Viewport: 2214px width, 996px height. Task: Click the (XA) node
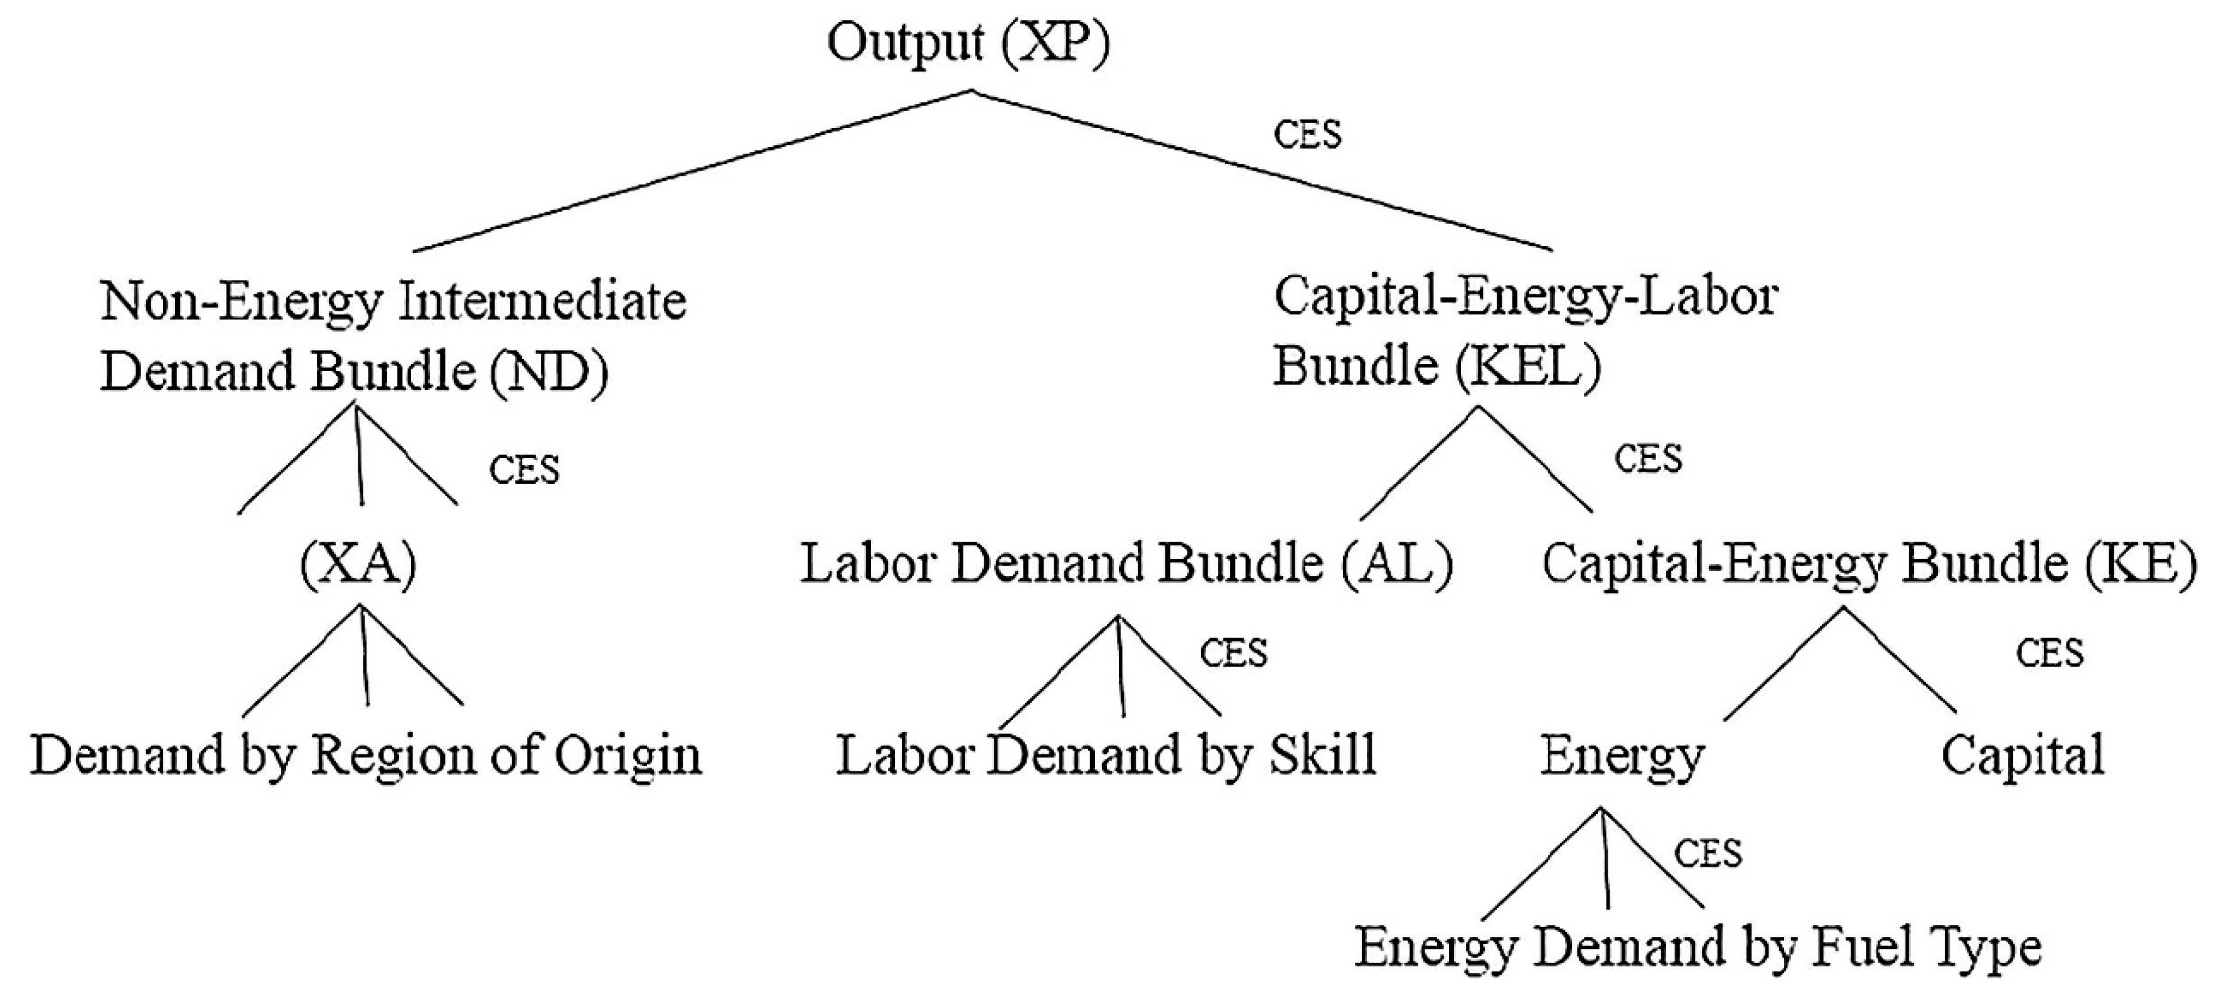358,565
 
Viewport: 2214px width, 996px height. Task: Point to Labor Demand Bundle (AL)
1126,565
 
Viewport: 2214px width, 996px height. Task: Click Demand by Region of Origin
366,756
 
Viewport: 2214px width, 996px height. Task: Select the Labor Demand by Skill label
1106,756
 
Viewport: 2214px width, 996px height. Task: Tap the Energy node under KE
1621,756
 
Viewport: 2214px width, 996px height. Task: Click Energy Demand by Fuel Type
1698,948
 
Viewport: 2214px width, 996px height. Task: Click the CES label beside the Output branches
1307,135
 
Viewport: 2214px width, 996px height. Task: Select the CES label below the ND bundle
523,470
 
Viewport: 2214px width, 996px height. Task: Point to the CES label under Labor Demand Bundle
1233,654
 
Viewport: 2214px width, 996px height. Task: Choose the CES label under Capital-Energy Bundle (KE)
2049,654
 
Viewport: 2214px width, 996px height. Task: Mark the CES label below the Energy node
1707,854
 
